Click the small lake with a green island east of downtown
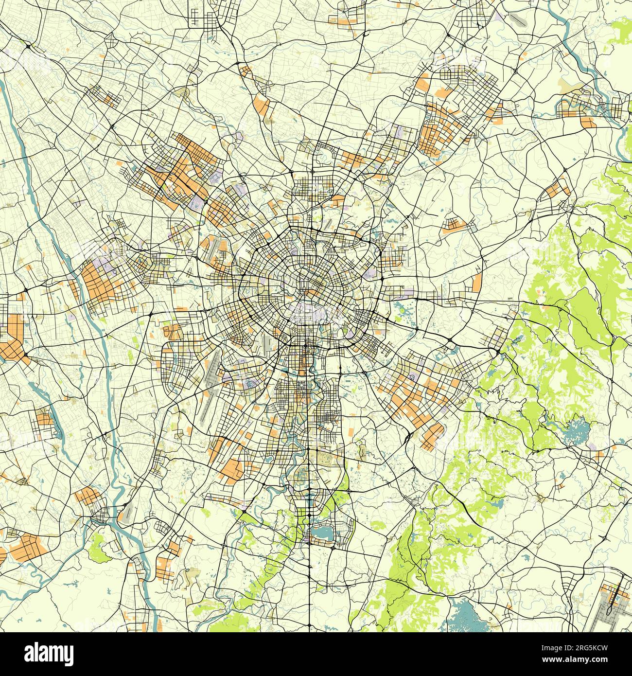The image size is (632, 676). click(x=402, y=308)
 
